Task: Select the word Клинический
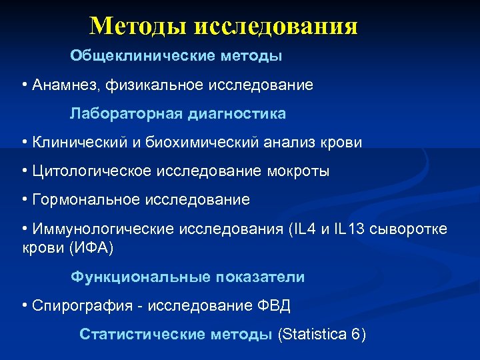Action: tap(83, 143)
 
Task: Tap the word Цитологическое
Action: tap(91, 171)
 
